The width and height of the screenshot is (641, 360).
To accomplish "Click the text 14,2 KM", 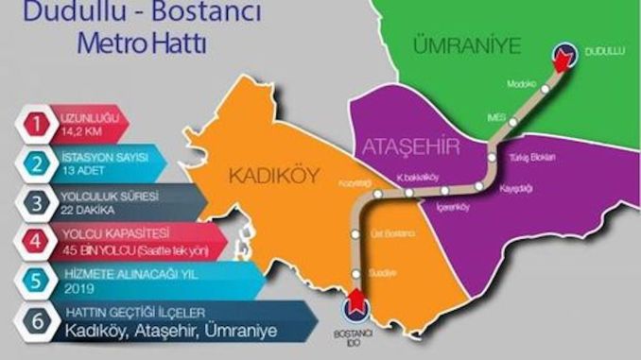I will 83,130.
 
